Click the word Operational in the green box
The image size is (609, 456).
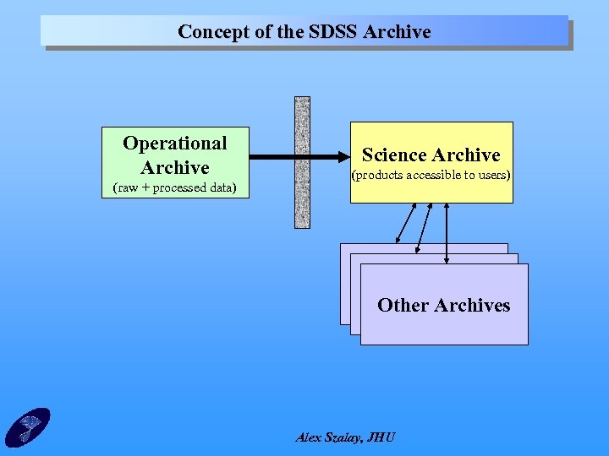coord(175,143)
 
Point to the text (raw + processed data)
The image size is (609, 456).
coord(175,187)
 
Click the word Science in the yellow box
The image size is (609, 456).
coord(393,155)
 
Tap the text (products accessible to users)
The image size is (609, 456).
coord(431,176)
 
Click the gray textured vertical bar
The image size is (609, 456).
coord(302,162)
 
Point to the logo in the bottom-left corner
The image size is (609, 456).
coord(27,427)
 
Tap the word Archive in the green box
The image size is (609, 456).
coord(175,166)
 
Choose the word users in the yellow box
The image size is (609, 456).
coord(491,176)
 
